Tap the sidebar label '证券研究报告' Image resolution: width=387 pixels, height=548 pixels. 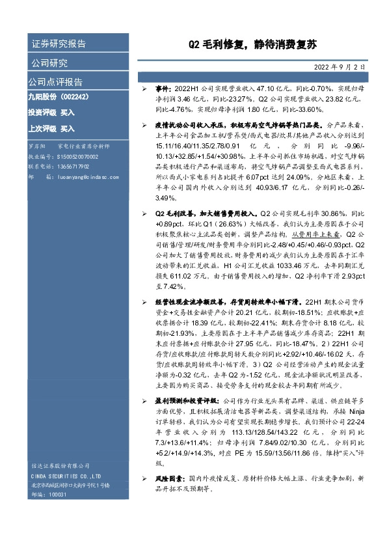pyautogui.click(x=59, y=44)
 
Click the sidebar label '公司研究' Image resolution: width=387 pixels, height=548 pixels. pyautogui.click(x=49, y=63)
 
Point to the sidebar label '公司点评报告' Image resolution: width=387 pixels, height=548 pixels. pyautogui.click(x=55, y=82)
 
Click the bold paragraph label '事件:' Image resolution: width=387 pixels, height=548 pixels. pyautogui.click(x=163, y=87)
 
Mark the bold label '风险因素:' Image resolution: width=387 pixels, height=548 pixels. pyautogui.click(x=168, y=478)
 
